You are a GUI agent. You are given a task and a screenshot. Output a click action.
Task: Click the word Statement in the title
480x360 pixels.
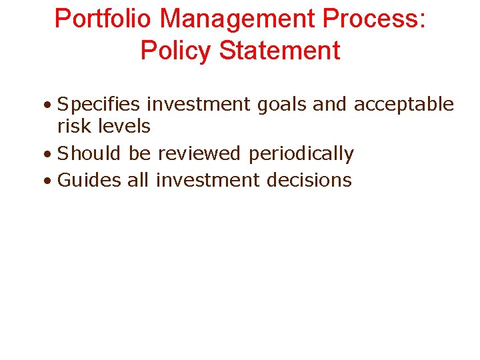click(x=279, y=51)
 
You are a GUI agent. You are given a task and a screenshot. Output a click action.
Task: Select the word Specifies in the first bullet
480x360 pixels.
click(x=99, y=105)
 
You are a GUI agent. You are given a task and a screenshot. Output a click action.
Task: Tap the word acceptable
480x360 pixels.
click(x=404, y=105)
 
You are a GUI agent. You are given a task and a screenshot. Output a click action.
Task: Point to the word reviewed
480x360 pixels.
click(x=199, y=153)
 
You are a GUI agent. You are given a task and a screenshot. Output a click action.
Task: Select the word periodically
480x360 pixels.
click(x=301, y=154)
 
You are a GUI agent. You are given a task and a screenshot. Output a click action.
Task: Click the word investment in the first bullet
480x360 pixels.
click(x=202, y=105)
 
